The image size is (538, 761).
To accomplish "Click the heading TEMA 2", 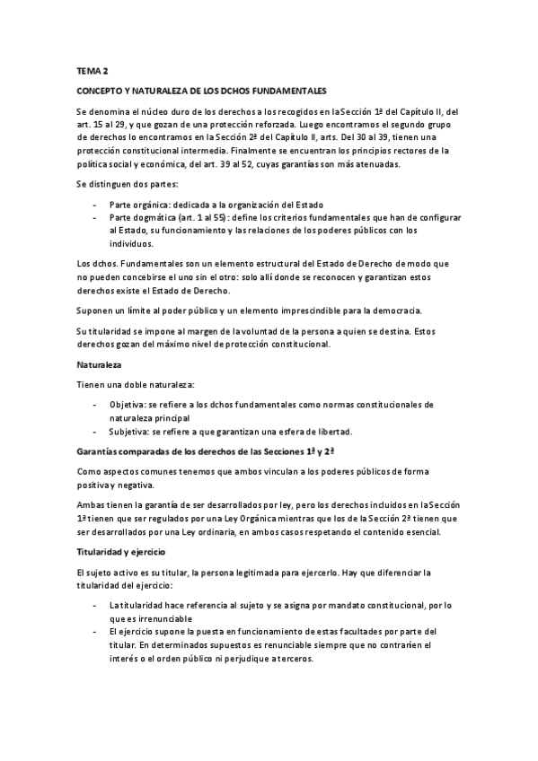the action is [91, 69].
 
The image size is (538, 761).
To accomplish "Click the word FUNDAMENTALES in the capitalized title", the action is [289, 91].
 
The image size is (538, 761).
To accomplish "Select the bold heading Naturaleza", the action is [100, 366].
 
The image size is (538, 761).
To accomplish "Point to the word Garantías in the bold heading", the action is [99, 449].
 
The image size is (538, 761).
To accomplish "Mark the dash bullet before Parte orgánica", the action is [96, 205].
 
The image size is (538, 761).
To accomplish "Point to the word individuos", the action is [132, 244].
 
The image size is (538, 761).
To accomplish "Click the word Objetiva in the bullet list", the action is [129, 404].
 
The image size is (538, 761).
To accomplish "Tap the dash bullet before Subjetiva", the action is [96, 431].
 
